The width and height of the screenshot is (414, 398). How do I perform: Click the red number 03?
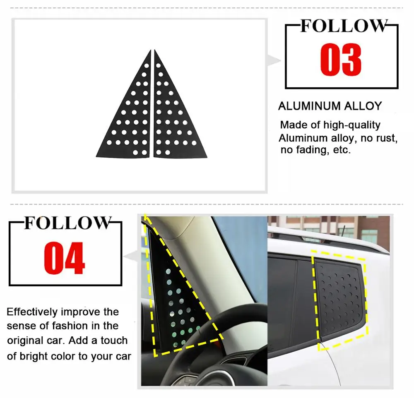(x=341, y=60)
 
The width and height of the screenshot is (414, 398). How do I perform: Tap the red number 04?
(x=65, y=258)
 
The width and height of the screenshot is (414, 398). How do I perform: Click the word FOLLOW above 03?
(x=344, y=26)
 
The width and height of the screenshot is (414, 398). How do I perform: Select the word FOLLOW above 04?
(x=67, y=223)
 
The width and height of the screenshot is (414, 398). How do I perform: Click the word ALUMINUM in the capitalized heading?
(x=306, y=106)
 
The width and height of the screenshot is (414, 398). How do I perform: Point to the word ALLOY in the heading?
(x=360, y=106)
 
